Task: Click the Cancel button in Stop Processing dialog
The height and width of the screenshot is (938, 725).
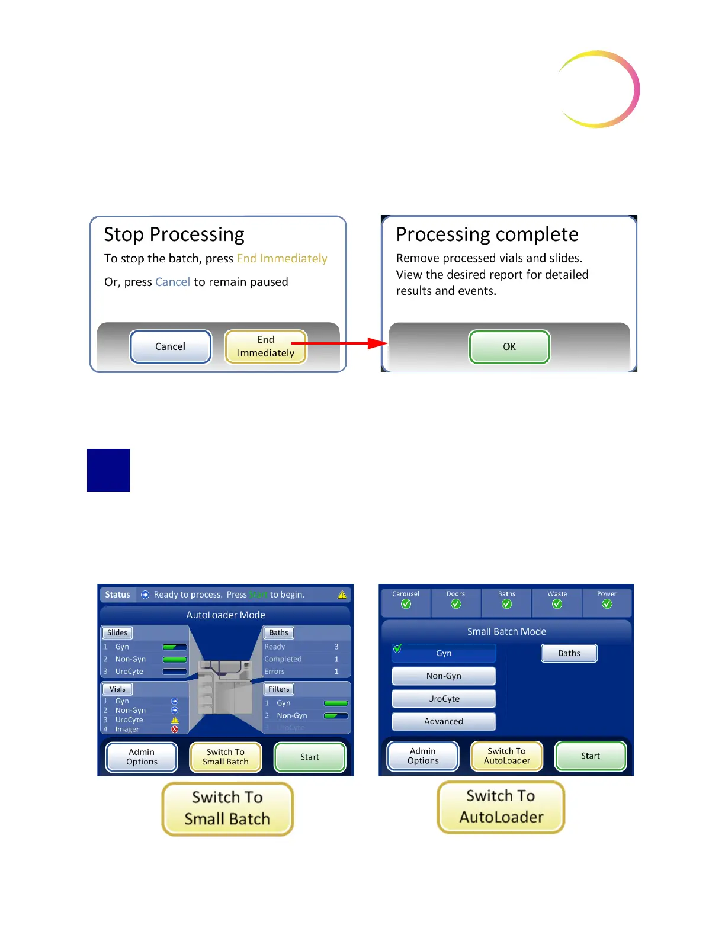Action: (171, 346)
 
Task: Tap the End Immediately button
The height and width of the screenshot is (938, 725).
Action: (266, 346)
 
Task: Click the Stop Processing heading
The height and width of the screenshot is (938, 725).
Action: (174, 234)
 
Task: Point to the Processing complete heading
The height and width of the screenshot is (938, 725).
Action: (487, 234)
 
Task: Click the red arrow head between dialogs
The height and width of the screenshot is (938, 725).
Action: (377, 343)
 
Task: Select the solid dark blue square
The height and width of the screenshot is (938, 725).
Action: (108, 470)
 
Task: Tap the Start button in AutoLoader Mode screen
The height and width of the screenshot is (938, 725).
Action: (309, 757)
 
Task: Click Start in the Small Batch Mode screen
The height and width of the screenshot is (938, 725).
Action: (590, 756)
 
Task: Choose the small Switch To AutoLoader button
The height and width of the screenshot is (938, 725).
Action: (506, 756)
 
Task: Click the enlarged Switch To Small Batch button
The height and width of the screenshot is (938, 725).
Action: (227, 808)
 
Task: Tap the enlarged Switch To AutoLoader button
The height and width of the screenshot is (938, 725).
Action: (501, 807)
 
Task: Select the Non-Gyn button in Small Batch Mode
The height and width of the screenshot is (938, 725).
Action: (444, 676)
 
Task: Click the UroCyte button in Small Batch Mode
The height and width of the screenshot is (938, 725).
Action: (444, 699)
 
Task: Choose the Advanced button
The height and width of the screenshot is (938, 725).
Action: (444, 721)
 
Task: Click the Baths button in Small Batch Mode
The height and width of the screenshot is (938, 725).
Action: (569, 653)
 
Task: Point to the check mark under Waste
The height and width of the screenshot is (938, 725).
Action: (557, 604)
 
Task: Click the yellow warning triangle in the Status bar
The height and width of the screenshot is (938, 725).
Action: (342, 595)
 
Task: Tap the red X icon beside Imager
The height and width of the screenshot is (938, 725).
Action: (175, 730)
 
